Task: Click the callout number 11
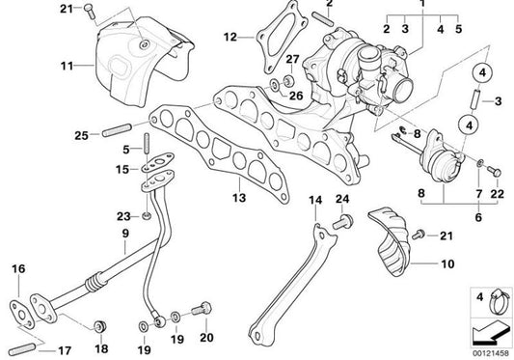pyautogui.click(x=68, y=66)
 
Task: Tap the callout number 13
pyautogui.click(x=239, y=198)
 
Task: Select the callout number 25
pyautogui.click(x=81, y=135)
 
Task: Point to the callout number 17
pyautogui.click(x=65, y=350)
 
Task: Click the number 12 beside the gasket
pyautogui.click(x=230, y=37)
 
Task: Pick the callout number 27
pyautogui.click(x=292, y=59)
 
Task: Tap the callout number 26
pyautogui.click(x=296, y=96)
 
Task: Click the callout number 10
pyautogui.click(x=447, y=263)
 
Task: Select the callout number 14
pyautogui.click(x=315, y=200)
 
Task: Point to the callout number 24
pyautogui.click(x=342, y=199)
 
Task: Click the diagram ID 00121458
pyautogui.click(x=491, y=353)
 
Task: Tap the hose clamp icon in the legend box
pyautogui.click(x=499, y=301)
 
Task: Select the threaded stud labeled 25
pyautogui.click(x=117, y=130)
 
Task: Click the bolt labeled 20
pyautogui.click(x=202, y=309)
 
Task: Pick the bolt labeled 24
pyautogui.click(x=343, y=222)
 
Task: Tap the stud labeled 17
pyautogui.click(x=22, y=349)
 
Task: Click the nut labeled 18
pyautogui.click(x=99, y=326)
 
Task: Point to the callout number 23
pyautogui.click(x=123, y=216)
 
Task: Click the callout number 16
pyautogui.click(x=18, y=268)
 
